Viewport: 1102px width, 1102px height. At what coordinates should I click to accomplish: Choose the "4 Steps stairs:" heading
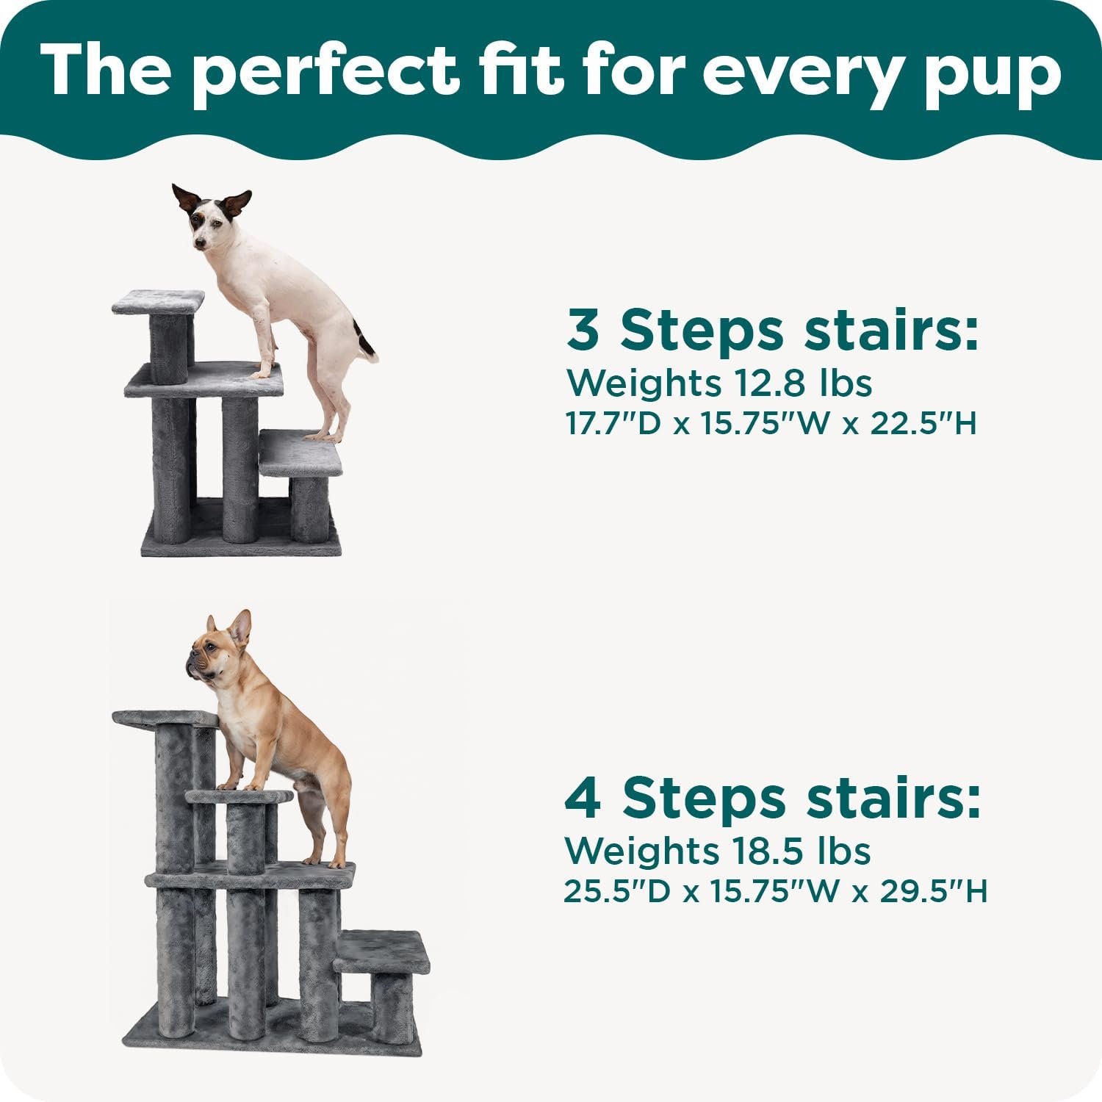click(x=772, y=799)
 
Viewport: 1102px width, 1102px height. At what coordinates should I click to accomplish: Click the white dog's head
click(x=209, y=220)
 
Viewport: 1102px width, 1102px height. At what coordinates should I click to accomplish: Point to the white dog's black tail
click(x=364, y=339)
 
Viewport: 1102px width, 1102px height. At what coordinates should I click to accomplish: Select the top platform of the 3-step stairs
click(x=158, y=301)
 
